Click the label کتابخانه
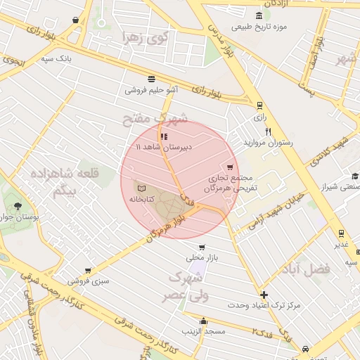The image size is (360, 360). pyautogui.click(x=142, y=200)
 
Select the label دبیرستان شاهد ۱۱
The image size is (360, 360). pyautogui.click(x=163, y=148)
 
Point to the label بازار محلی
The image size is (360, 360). pyautogui.click(x=202, y=257)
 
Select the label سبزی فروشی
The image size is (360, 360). pyautogui.click(x=88, y=281)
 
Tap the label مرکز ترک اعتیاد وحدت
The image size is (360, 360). pyautogui.click(x=264, y=306)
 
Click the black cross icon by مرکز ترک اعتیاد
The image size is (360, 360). pyautogui.click(x=264, y=295)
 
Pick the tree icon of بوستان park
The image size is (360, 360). pyautogui.click(x=16, y=206)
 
